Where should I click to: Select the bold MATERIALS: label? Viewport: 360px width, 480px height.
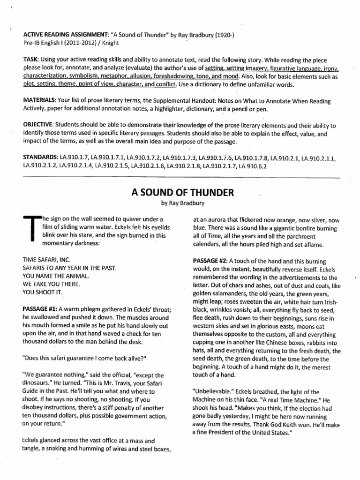click(40, 101)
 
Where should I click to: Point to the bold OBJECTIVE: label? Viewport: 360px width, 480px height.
click(38, 126)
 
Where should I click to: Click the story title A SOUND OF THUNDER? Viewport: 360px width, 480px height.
click(180, 193)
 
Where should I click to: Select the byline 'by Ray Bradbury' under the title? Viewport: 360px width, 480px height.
click(180, 204)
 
